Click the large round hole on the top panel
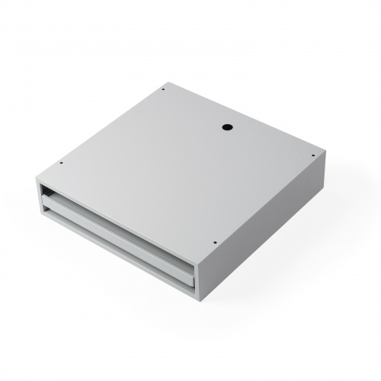tap(227, 128)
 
